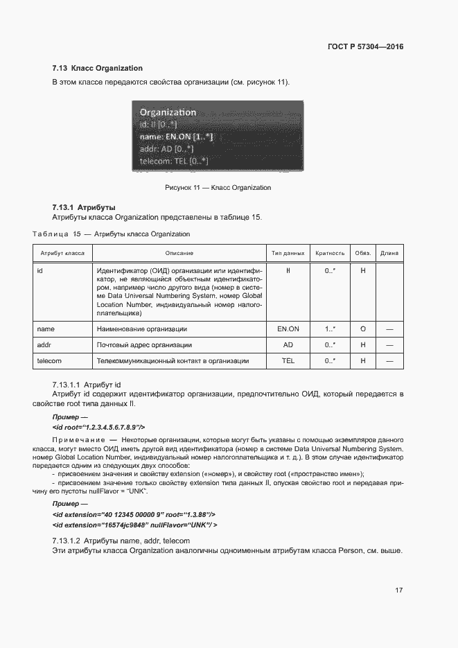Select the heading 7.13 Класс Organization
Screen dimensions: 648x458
[x=97, y=68]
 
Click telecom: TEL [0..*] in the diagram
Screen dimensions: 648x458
[x=173, y=161]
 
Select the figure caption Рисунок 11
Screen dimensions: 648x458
[x=218, y=188]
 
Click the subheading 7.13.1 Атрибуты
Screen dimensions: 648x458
[x=83, y=207]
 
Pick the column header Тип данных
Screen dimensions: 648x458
[x=288, y=253]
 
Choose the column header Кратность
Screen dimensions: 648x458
[x=330, y=253]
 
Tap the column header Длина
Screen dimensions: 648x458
[x=389, y=253]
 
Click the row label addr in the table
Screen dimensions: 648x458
[x=44, y=344]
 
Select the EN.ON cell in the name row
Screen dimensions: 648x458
[x=288, y=329]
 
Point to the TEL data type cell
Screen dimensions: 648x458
[x=288, y=361]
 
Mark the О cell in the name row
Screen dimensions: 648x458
[x=362, y=329]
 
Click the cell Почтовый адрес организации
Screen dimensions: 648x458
[x=144, y=344]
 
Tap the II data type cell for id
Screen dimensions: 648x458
[x=288, y=270]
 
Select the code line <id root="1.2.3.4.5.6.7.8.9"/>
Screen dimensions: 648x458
[x=98, y=428]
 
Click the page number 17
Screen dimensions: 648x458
[x=398, y=590]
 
